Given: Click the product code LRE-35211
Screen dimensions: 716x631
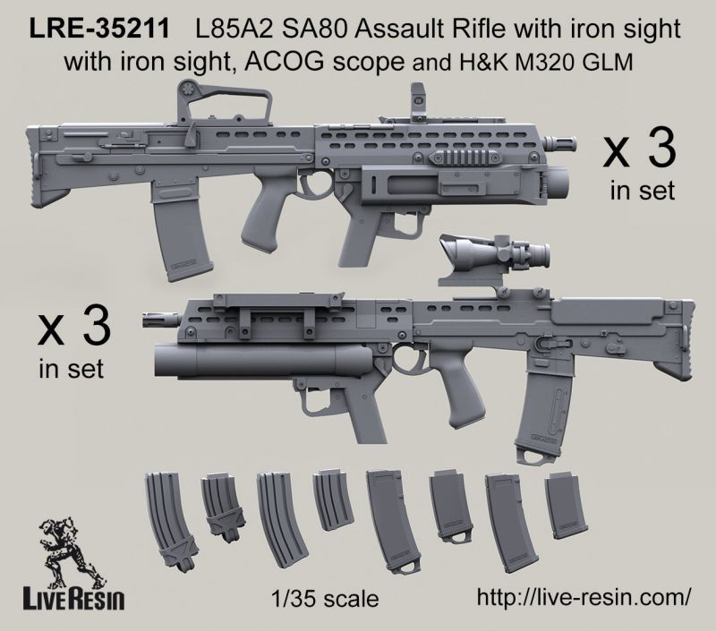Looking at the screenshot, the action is tap(99, 29).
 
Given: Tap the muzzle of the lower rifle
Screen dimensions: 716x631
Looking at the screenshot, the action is tap(161, 320).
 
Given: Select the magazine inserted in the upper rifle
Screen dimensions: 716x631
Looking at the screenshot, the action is tap(182, 231).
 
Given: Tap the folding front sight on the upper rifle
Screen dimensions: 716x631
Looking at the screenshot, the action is tap(418, 103).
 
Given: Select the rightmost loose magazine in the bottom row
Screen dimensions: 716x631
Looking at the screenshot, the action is tap(565, 506).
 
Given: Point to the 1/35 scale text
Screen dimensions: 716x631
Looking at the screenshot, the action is tap(325, 599).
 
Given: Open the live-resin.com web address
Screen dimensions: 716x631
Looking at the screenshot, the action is tap(584, 597).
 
